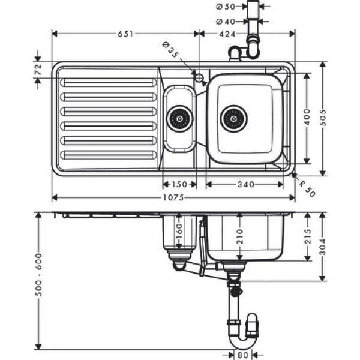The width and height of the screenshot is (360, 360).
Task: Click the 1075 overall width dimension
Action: coord(173,197)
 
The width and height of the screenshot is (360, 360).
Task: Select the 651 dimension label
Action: coord(125,34)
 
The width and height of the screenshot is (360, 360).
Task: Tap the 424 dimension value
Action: coord(227,34)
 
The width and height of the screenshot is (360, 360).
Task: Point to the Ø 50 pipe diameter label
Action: coord(226,7)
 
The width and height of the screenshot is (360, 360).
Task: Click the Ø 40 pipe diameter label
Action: coord(226,22)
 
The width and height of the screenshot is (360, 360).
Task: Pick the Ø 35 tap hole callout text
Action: coord(170,50)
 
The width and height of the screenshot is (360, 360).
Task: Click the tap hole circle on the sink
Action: coord(199,78)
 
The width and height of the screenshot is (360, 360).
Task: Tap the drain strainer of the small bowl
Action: coord(180,119)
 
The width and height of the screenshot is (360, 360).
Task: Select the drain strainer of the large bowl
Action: coord(234,119)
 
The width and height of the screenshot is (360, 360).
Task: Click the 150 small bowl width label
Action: coord(179,184)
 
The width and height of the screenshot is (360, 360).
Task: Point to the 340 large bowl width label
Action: coord(246,184)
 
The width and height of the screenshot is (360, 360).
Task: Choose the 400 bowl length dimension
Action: coord(307,117)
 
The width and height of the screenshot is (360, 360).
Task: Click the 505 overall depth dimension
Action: coord(323,118)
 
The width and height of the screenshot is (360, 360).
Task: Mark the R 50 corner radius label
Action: coord(307,189)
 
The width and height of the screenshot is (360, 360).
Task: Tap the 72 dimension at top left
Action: coord(38,70)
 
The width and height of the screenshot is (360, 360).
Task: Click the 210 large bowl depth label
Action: coord(239,236)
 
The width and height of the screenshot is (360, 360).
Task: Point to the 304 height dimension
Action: coord(323,247)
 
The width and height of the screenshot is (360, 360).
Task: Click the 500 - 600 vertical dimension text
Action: coord(38,275)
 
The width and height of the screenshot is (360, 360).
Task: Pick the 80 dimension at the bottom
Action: coord(243,355)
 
